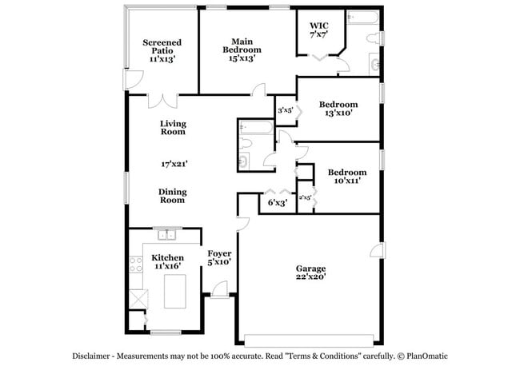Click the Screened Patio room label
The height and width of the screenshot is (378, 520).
[x=162, y=50]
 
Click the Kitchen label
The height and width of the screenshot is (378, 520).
[x=167, y=262]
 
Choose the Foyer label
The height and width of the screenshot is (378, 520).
[x=219, y=258]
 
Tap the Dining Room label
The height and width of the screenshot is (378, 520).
[x=172, y=196]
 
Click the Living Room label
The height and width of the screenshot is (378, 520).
[x=173, y=128]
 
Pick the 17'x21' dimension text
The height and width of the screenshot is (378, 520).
[x=174, y=164]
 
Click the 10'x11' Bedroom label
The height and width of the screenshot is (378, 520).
[x=346, y=177]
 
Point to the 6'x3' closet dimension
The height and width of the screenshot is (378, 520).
[x=277, y=203]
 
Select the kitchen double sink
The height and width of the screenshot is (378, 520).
[x=167, y=235]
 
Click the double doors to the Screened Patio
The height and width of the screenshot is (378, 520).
[x=163, y=101]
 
